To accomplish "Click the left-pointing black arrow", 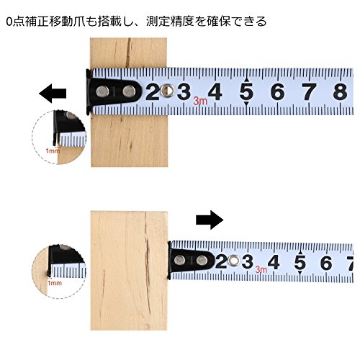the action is (x=53, y=94).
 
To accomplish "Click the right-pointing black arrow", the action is (x=210, y=220).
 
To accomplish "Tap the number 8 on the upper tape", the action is (x=341, y=92).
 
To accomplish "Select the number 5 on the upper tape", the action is (x=246, y=92).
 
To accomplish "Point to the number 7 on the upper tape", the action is (x=309, y=92).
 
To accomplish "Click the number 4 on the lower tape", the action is (x=274, y=262).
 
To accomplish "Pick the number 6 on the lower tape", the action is (x=326, y=262).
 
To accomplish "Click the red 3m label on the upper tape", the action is (x=200, y=101).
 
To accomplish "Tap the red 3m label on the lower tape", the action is (x=261, y=269).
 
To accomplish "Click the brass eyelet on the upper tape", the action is (x=168, y=90).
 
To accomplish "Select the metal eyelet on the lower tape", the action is (x=233, y=261).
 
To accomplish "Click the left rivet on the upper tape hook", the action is (x=103, y=91).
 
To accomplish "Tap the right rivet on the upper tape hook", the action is (x=129, y=91).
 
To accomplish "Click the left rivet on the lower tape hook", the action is (x=179, y=260).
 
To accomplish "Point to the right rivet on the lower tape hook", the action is (x=202, y=260).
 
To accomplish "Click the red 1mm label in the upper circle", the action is (x=53, y=151).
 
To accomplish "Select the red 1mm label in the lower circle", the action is (x=55, y=283).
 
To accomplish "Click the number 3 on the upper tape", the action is (x=184, y=92).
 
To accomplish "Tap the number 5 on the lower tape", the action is (x=300, y=262).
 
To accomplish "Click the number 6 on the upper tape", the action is (x=278, y=92).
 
